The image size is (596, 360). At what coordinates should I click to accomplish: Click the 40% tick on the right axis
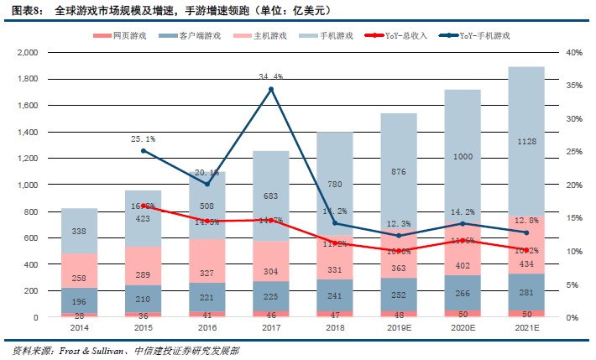pos(574,52)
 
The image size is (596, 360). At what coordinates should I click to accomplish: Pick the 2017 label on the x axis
pos(270,329)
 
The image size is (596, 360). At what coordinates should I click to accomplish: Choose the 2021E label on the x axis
pos(526,329)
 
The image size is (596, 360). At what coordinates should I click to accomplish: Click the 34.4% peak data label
pos(270,76)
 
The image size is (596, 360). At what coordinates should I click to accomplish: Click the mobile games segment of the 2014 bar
pos(80,231)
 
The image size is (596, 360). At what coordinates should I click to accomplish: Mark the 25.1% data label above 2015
pos(144,138)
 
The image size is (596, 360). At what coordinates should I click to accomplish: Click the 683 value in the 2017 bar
pos(270,196)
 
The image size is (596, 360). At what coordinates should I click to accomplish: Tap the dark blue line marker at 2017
pos(270,89)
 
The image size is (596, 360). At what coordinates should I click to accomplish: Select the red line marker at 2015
pos(144,206)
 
